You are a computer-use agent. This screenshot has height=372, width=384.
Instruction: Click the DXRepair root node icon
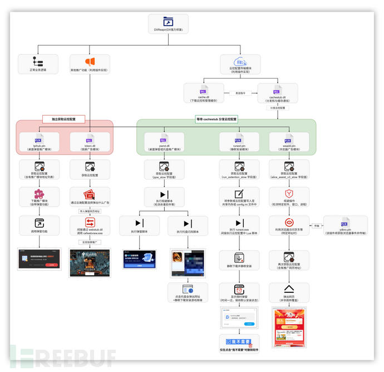click(x=168, y=22)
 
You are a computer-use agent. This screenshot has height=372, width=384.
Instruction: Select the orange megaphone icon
click(x=90, y=62)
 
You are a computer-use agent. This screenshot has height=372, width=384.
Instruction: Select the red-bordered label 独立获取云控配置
click(x=63, y=119)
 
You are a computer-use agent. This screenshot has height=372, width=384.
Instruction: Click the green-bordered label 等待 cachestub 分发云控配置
click(x=216, y=119)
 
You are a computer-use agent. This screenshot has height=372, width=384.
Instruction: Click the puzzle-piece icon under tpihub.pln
click(x=38, y=195)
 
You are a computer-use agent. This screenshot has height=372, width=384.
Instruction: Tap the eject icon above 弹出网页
click(x=289, y=290)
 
